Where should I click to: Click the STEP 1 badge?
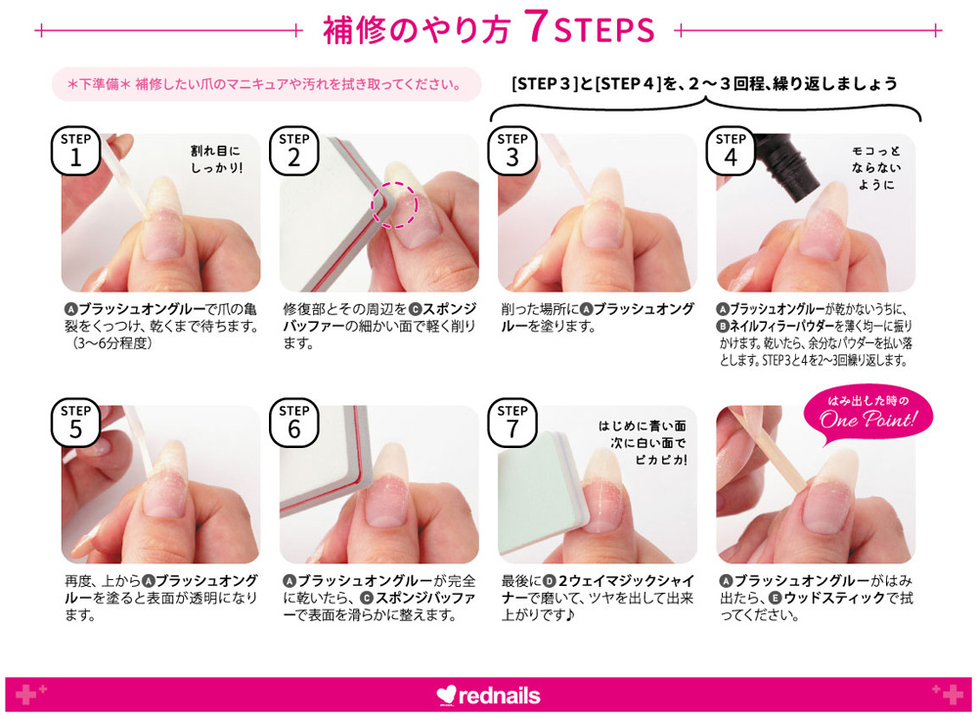75,152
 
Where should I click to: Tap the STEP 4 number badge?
731,152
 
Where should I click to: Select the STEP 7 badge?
512,423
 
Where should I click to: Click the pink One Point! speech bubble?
868,413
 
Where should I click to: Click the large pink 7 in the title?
536,27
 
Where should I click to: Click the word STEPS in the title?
603,30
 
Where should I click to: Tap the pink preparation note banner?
266,84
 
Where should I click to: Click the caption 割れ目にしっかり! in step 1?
216,159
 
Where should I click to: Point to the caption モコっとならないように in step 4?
875,168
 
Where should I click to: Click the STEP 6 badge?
293,423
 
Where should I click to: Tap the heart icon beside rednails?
447,696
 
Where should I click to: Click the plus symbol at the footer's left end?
26,694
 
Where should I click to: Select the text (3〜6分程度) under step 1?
110,343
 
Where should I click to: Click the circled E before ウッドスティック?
775,599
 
